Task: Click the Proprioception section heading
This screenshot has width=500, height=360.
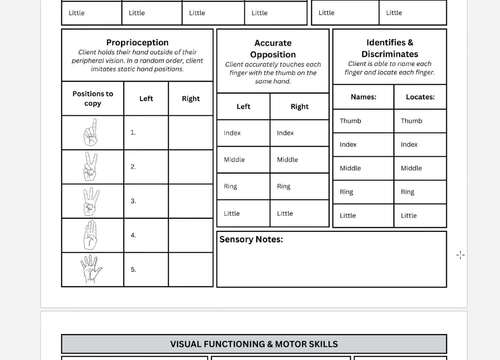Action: [x=136, y=43]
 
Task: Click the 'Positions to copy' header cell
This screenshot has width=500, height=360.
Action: [x=93, y=99]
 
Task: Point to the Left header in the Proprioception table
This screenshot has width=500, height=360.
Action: [x=146, y=99]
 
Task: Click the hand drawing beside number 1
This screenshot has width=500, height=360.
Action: [x=92, y=132]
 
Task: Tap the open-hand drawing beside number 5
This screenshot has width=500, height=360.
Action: [x=92, y=269]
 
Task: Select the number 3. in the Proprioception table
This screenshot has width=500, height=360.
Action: [x=132, y=201]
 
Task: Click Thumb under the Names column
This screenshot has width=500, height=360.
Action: [x=350, y=121]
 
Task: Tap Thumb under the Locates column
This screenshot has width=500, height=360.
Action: [x=411, y=121]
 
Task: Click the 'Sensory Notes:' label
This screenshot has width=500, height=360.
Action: [x=251, y=240]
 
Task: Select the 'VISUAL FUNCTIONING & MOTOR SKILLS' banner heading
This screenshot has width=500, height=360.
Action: [x=254, y=344]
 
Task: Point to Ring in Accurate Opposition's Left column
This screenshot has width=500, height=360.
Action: [x=230, y=186]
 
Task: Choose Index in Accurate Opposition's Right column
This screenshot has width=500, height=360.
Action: [x=285, y=133]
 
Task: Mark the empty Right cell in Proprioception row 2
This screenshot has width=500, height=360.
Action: [x=190, y=167]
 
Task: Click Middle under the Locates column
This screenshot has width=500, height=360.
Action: [x=411, y=168]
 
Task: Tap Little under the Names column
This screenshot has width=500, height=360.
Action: [x=348, y=215]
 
